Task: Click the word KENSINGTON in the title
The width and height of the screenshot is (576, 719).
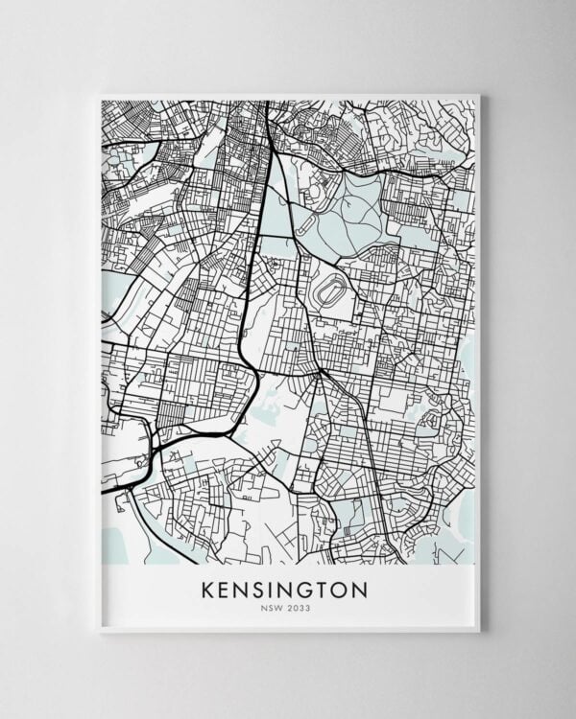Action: point(284,589)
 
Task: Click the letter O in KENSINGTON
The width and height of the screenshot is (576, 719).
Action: point(339,589)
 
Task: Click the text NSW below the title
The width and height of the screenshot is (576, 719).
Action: point(274,608)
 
